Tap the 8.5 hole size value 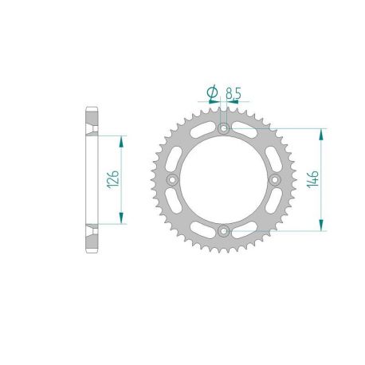pos(233,93)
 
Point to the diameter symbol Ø pos(212,94)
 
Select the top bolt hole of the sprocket pos(224,128)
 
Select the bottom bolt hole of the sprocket pos(224,231)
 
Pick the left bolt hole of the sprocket pos(172,180)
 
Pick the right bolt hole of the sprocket pos(276,180)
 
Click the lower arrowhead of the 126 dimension pos(121,220)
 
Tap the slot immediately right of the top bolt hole pos(244,132)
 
